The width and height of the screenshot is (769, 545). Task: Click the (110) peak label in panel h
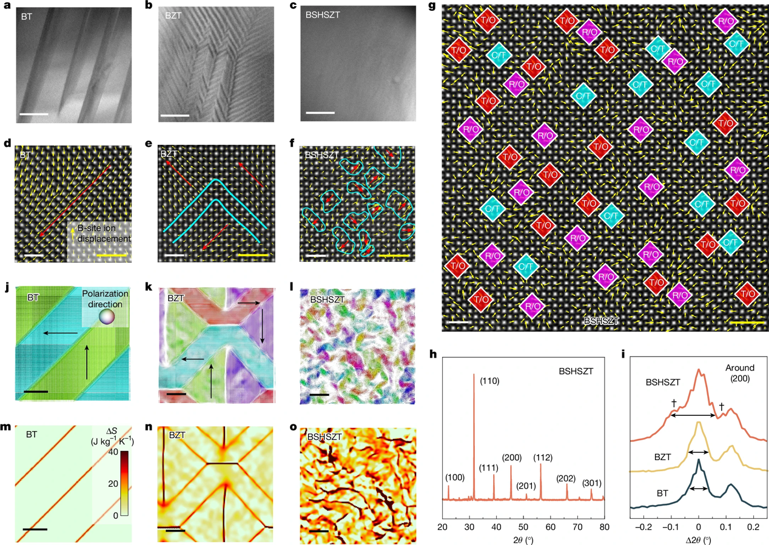[x=489, y=381]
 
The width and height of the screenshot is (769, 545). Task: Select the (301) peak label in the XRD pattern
[x=593, y=483]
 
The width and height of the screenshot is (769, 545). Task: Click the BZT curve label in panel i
[x=662, y=449]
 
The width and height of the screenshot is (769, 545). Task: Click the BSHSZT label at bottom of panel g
[x=601, y=321]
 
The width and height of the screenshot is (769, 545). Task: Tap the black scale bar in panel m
[x=34, y=530]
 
